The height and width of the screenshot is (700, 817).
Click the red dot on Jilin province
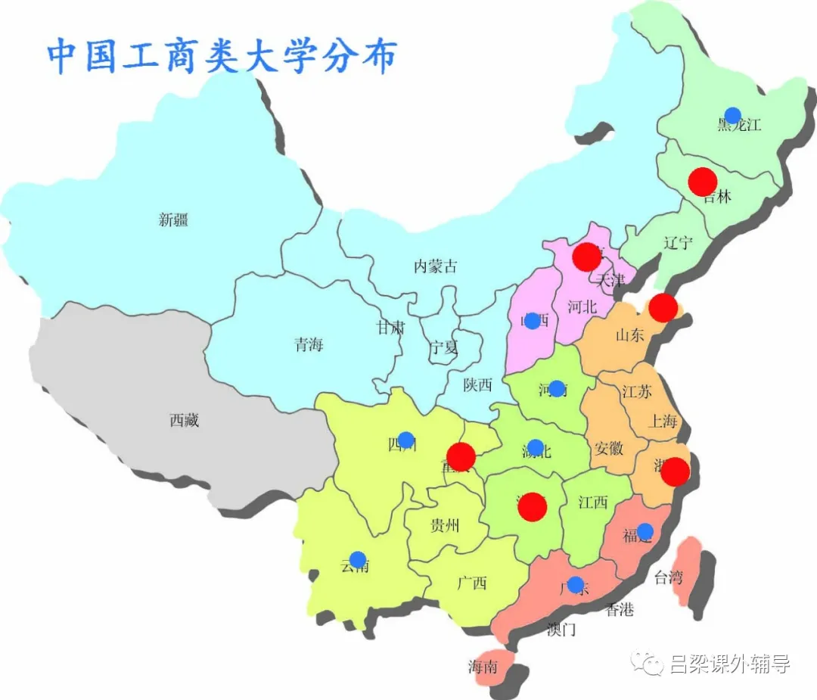(703, 182)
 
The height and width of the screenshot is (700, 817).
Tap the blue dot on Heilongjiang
(732, 116)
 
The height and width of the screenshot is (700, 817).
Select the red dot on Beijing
(586, 257)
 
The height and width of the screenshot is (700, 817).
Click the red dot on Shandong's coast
(663, 307)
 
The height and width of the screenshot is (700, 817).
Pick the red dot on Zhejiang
(676, 471)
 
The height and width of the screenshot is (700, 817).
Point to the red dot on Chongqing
(461, 456)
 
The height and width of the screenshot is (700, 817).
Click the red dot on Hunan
(533, 507)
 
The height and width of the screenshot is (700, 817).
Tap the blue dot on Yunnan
(358, 559)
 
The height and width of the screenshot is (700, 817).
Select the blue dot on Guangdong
(575, 585)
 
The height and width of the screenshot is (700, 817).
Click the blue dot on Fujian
(645, 530)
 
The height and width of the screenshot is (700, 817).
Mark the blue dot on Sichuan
(406, 440)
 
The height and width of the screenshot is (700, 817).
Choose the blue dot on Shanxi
(532, 321)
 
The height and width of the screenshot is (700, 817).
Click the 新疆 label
(173, 220)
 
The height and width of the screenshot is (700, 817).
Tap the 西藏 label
(184, 421)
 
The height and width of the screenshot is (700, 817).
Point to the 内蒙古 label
(435, 266)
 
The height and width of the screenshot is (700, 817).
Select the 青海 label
(309, 345)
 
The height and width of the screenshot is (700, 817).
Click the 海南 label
(483, 667)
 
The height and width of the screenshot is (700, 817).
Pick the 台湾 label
(668, 578)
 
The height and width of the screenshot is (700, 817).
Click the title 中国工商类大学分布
(222, 56)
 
